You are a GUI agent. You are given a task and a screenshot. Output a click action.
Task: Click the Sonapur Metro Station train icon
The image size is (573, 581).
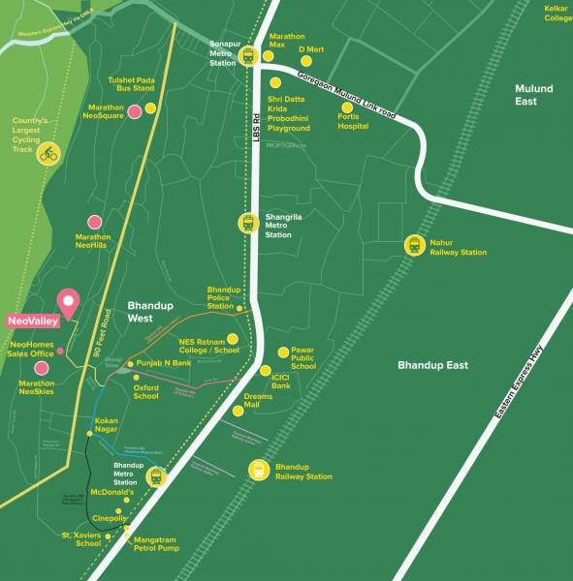[x=247, y=55]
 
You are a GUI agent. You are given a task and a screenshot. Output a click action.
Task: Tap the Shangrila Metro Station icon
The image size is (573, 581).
[x=247, y=222]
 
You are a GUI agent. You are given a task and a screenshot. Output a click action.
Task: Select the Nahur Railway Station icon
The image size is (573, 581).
[x=416, y=245]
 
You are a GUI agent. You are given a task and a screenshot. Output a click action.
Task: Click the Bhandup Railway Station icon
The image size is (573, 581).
[x=259, y=471]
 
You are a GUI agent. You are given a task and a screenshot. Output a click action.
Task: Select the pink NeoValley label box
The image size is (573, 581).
[x=32, y=321]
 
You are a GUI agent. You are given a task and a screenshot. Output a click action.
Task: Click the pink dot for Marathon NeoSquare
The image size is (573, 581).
[x=149, y=111]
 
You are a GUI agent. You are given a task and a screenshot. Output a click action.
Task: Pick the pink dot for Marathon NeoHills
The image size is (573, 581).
[x=94, y=223]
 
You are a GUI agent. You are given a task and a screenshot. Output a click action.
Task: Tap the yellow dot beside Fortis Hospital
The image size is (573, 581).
[x=347, y=95]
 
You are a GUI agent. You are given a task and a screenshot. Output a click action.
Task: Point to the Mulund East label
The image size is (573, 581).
[x=533, y=95]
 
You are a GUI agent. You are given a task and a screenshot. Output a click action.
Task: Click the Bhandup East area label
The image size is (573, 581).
[x=432, y=365]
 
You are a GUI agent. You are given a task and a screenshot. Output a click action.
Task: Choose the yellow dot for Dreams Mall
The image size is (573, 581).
[x=238, y=411]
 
